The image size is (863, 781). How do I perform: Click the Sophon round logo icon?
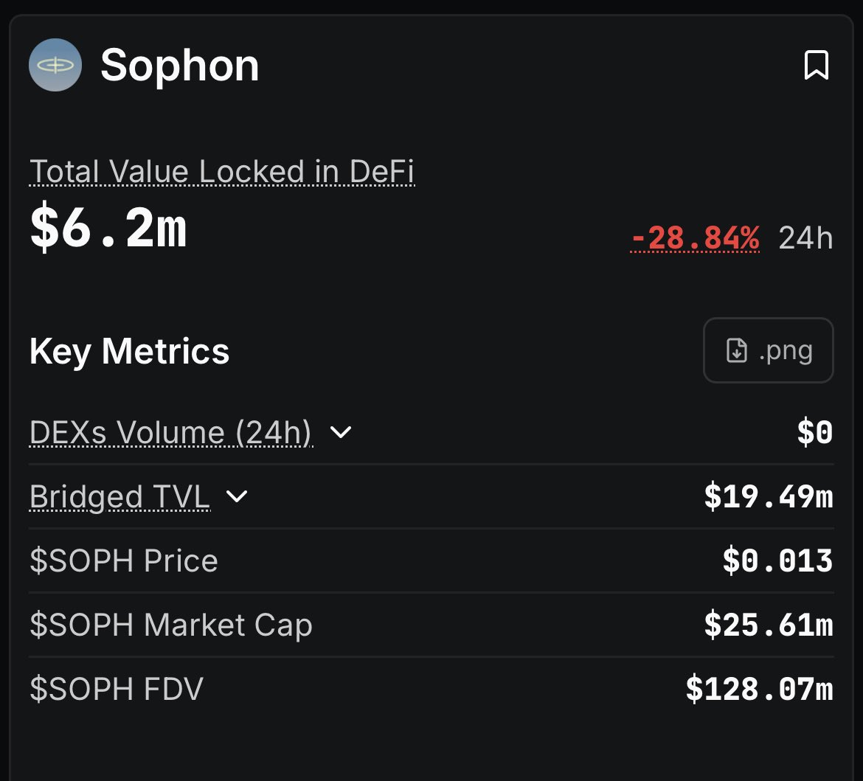point(55,65)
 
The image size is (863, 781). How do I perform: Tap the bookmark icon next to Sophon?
point(816,66)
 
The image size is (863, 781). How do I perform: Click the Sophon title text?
point(179,66)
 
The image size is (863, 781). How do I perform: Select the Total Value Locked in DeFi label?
point(222,172)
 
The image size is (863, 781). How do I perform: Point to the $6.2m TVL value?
point(108,229)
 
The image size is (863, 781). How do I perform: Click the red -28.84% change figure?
point(695,238)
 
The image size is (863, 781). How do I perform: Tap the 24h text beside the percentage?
point(805,239)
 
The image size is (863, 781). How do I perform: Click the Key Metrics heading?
point(129,351)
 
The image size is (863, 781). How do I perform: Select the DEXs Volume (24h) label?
point(170,432)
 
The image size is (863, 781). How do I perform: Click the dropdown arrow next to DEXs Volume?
point(340,432)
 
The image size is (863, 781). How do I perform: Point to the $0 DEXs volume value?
point(814,433)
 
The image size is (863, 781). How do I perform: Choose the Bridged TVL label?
point(119,497)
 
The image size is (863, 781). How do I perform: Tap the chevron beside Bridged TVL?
point(237,497)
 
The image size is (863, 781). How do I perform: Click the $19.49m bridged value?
point(769,497)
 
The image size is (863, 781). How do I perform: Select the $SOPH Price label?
point(124,561)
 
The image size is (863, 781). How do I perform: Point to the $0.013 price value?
point(777,561)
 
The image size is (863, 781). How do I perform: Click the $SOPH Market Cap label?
point(171,625)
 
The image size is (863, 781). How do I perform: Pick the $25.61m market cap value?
point(769,625)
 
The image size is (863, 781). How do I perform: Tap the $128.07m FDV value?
point(759,690)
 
